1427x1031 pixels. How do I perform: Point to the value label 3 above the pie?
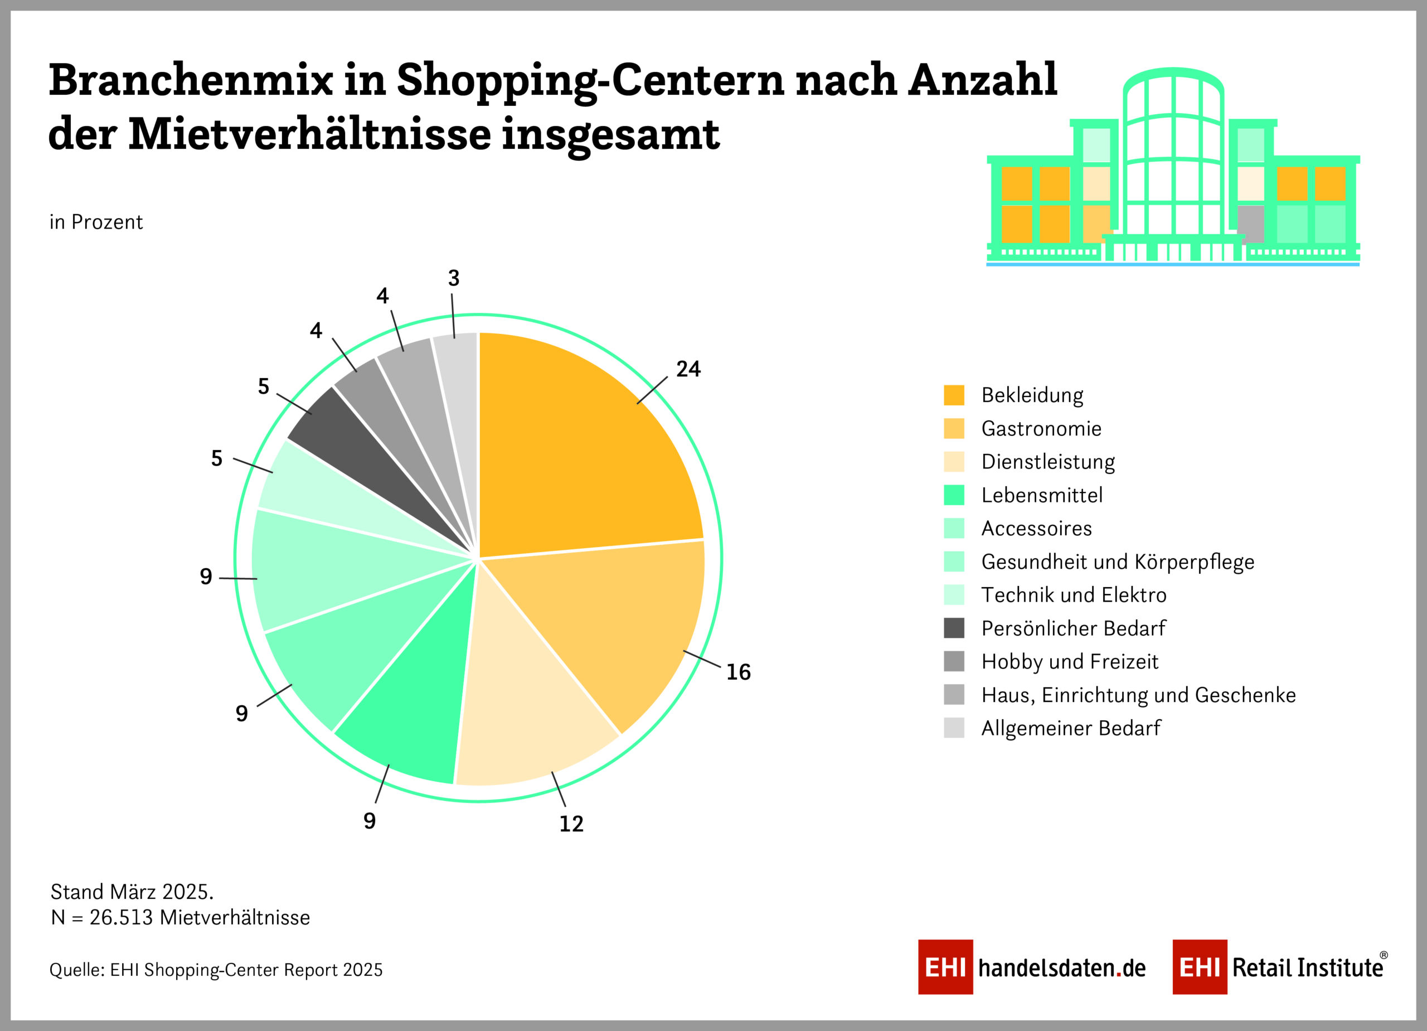tap(454, 278)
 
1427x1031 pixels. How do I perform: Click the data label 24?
tap(688, 369)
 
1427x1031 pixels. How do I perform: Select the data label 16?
tap(738, 672)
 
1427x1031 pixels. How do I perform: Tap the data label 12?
tap(571, 824)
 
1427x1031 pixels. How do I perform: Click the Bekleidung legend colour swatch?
tap(954, 395)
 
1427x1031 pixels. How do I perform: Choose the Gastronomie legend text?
tap(1041, 429)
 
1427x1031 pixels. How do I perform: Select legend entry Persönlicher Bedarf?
tap(1073, 628)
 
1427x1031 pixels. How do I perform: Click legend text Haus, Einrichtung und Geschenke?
tap(1138, 695)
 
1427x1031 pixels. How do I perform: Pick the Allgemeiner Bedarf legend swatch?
tap(954, 728)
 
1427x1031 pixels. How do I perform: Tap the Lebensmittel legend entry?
tap(1042, 495)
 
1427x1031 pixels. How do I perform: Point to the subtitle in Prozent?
tap(96, 222)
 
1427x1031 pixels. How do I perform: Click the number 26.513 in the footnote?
tap(121, 918)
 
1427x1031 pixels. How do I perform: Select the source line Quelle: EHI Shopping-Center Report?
tap(216, 970)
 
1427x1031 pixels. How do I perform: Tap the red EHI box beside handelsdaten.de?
tap(945, 967)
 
